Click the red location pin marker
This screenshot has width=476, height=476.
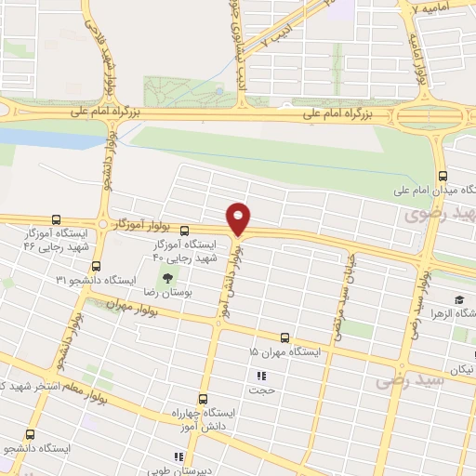pyautogui.click(x=239, y=218)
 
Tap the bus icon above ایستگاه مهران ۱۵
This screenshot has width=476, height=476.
pyautogui.click(x=284, y=337)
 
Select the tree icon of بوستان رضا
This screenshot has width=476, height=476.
pyautogui.click(x=168, y=277)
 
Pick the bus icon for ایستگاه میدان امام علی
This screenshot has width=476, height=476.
pyautogui.click(x=443, y=175)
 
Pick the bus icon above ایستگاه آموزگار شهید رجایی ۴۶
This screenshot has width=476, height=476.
pyautogui.click(x=58, y=221)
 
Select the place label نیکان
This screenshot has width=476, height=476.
pyautogui.click(x=461, y=369)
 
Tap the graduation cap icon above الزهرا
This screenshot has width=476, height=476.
pyautogui.click(x=459, y=299)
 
